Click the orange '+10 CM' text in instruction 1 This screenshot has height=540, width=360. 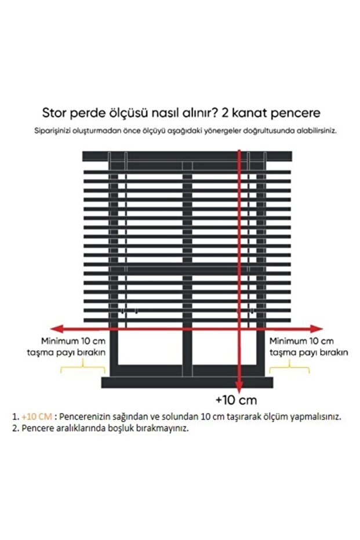(x=37, y=416)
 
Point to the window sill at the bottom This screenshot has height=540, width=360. (x=187, y=382)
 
